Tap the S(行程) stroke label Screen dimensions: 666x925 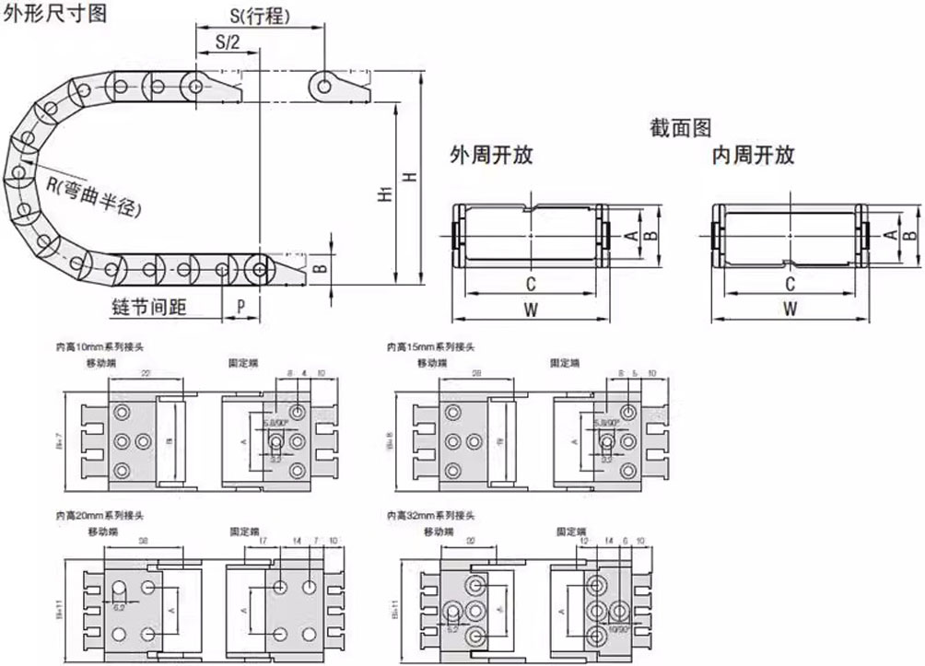(260, 16)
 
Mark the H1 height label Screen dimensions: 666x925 (384, 194)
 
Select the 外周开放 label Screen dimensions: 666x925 (491, 155)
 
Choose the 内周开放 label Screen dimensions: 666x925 (753, 155)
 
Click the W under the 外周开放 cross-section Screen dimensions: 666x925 (531, 310)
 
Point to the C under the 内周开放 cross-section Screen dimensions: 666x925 (790, 284)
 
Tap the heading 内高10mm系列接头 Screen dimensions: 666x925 (101, 348)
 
